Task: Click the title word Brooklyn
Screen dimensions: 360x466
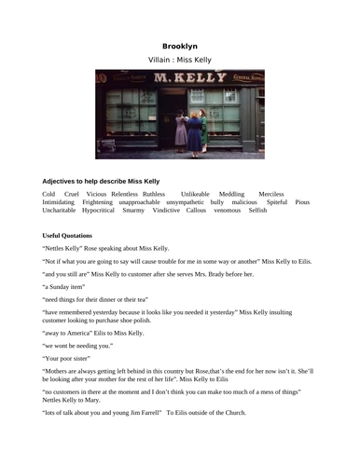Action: click(179, 46)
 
